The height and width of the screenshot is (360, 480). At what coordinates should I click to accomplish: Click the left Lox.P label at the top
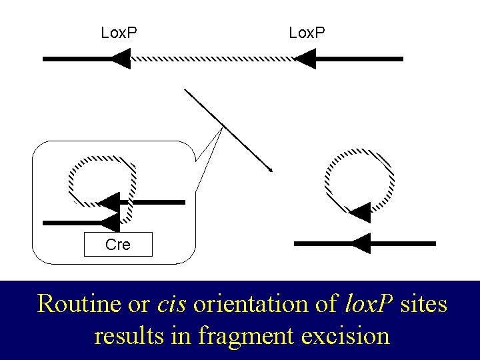[119, 32]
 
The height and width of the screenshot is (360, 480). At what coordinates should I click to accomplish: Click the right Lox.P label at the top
[307, 32]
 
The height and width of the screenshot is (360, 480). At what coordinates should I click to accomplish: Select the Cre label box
[118, 245]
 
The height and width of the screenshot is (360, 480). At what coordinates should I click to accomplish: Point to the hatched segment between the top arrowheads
[212, 59]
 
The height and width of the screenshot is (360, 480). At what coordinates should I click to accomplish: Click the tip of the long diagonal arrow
[271, 171]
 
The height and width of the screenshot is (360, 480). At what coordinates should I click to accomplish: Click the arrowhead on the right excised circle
[359, 212]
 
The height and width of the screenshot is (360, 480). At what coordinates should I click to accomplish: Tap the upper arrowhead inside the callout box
[109, 202]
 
